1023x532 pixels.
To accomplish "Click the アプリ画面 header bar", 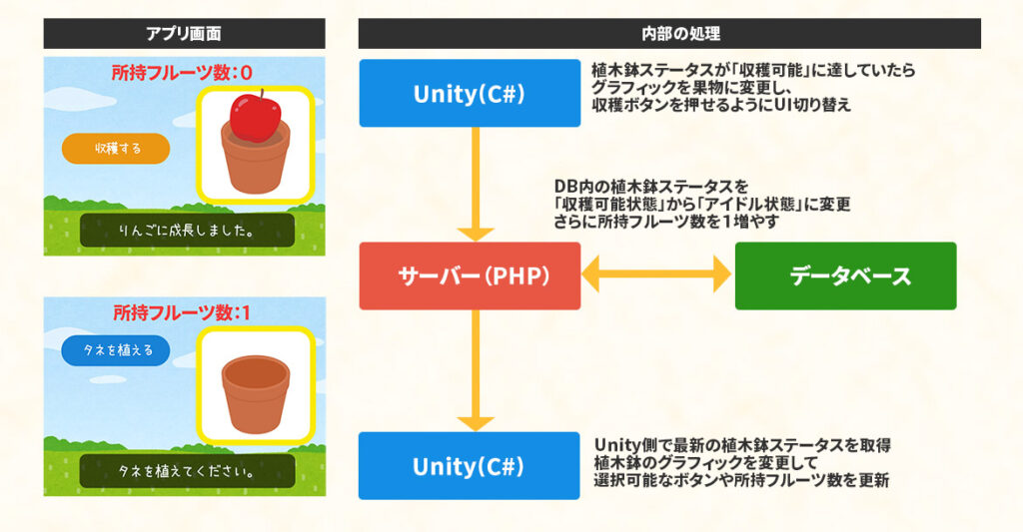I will pyautogui.click(x=184, y=33).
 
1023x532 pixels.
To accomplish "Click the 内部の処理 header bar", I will pyautogui.click(x=669, y=33).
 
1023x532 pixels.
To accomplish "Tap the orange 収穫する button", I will pyautogui.click(x=116, y=149).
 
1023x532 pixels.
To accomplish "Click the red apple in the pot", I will pyautogui.click(x=254, y=118).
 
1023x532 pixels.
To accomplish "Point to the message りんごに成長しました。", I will pyautogui.click(x=187, y=231).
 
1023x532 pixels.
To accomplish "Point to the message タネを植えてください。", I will pyautogui.click(x=187, y=471).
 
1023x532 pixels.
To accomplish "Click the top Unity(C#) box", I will pyautogui.click(x=470, y=93).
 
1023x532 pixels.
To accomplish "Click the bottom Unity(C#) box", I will pyautogui.click(x=470, y=465).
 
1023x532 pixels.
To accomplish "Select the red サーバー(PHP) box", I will pyautogui.click(x=470, y=275).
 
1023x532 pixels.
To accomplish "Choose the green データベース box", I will pyautogui.click(x=845, y=275).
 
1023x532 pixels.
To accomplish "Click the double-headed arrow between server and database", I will pyautogui.click(x=656, y=275).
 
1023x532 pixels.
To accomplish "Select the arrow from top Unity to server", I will pyautogui.click(x=476, y=185).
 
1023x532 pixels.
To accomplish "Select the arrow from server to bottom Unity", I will pyautogui.click(x=476, y=369).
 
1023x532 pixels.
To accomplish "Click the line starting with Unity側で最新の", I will pyautogui.click(x=742, y=444).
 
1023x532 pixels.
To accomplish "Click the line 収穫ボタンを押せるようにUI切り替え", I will pyautogui.click(x=721, y=105).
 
